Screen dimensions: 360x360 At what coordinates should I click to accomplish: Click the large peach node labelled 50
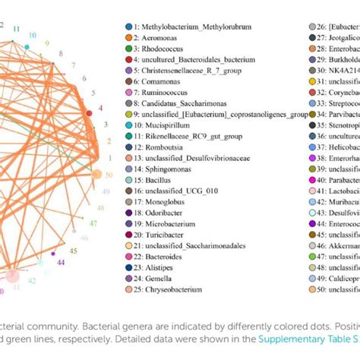[x=96, y=175]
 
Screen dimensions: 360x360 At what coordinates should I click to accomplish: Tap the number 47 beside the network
[x=93, y=223]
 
